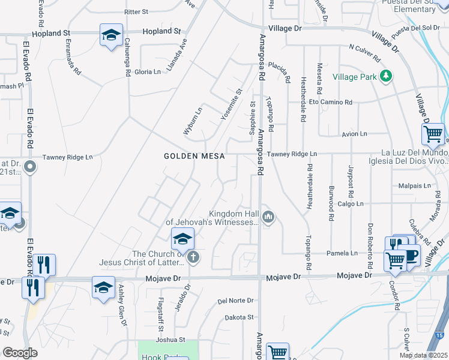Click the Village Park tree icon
(x=387, y=76)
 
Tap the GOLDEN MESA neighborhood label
(x=194, y=156)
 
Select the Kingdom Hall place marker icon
(x=268, y=217)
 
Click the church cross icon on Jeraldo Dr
(x=193, y=258)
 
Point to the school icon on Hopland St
(x=111, y=35)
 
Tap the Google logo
(x=20, y=353)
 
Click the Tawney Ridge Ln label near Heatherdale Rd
(x=292, y=154)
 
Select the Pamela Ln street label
(x=342, y=254)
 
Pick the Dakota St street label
(x=239, y=317)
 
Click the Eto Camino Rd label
(x=327, y=102)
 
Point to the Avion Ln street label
(x=354, y=134)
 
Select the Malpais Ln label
(x=418, y=186)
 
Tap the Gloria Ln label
(x=148, y=72)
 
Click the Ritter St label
(x=136, y=12)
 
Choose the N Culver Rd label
(x=364, y=53)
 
